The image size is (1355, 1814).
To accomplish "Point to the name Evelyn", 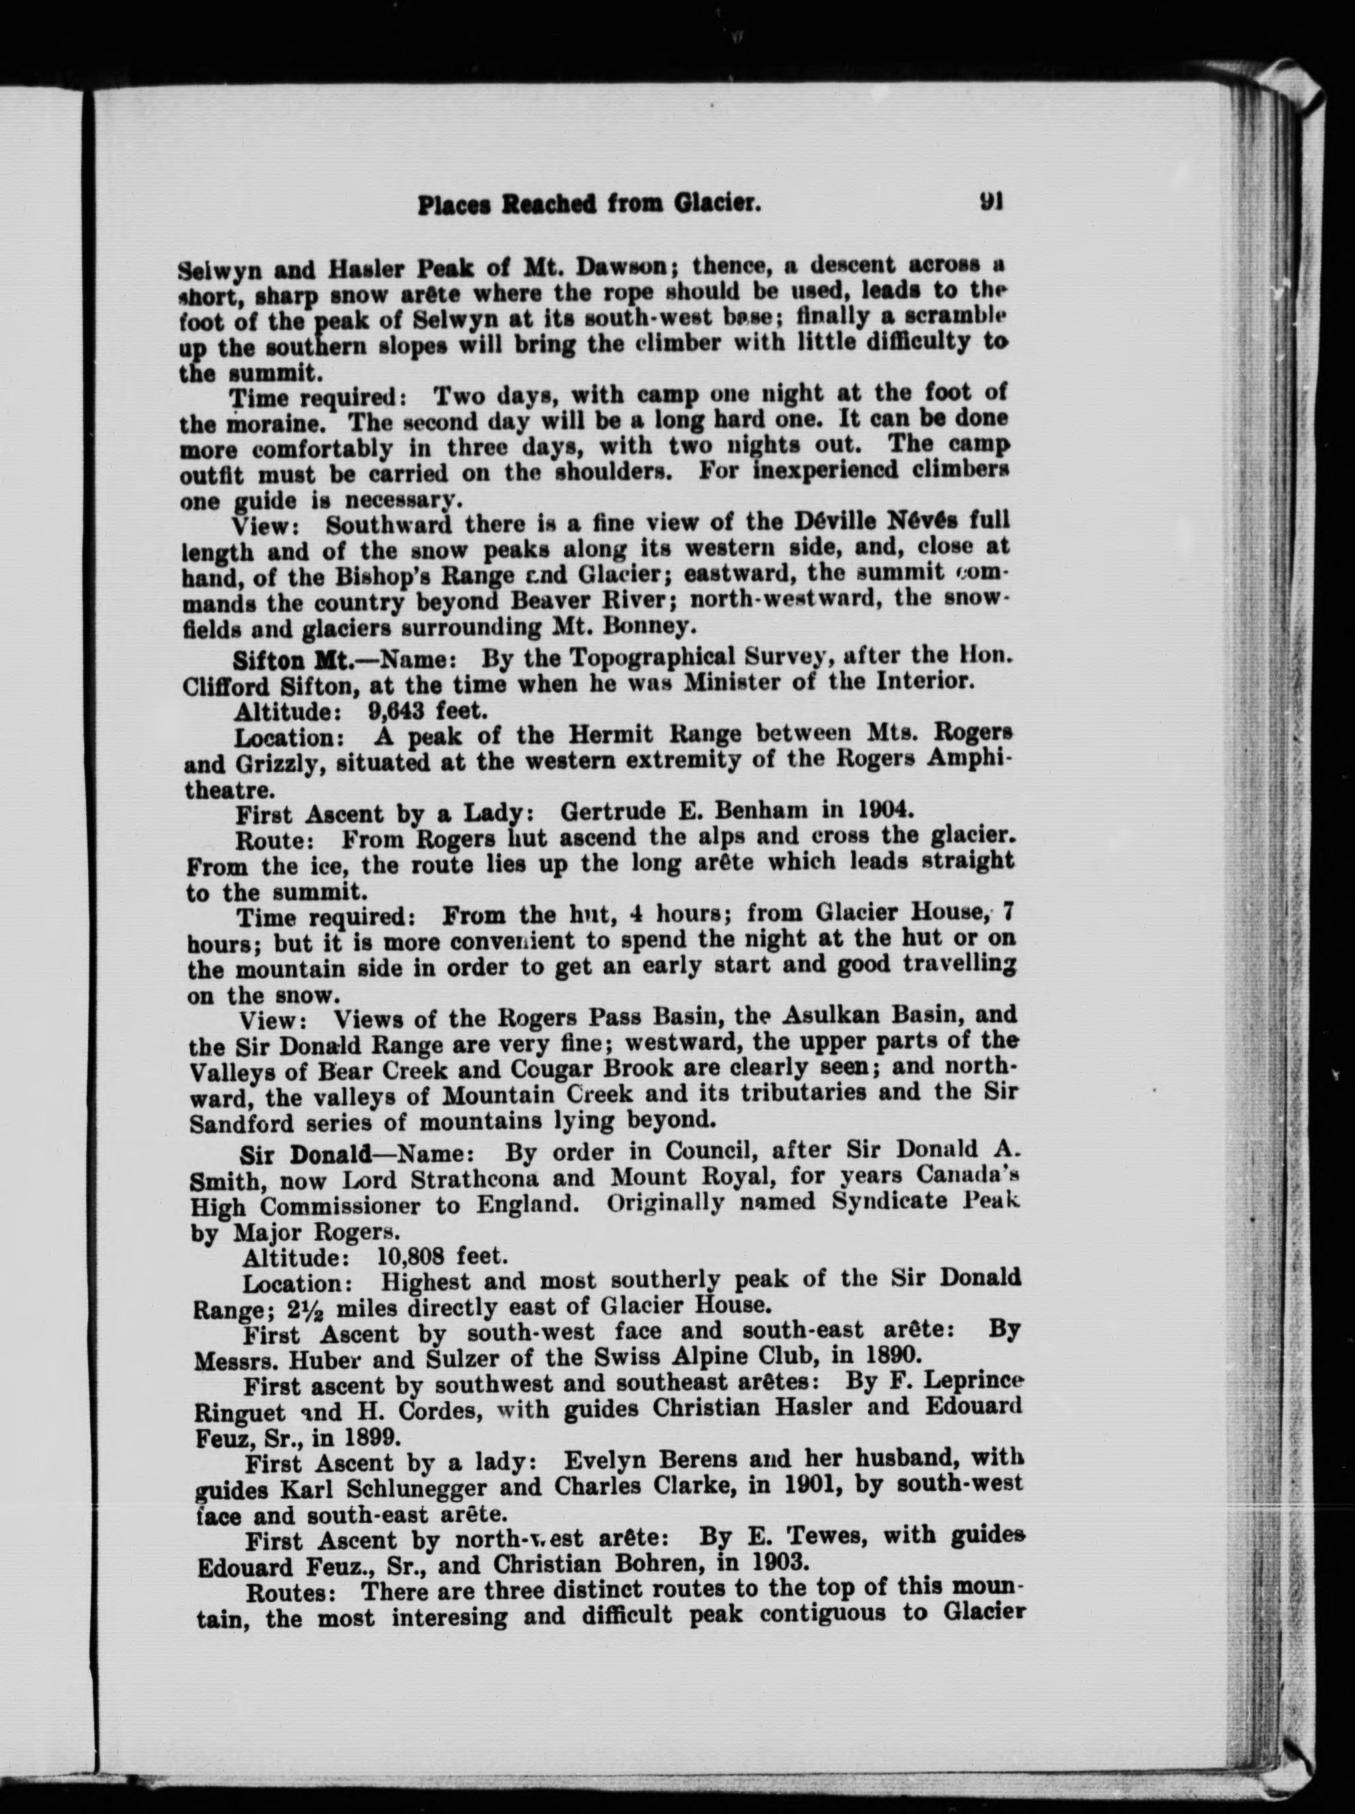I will (603, 1461).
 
